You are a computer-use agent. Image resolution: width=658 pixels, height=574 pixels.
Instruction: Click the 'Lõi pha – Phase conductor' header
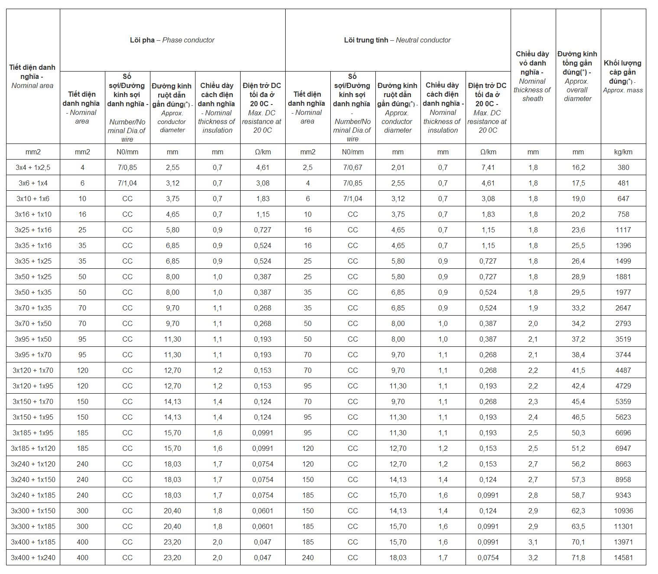(x=172, y=40)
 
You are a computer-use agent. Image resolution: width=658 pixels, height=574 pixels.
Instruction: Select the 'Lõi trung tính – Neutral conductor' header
(x=397, y=40)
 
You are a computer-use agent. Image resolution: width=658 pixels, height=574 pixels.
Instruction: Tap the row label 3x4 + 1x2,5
(x=33, y=167)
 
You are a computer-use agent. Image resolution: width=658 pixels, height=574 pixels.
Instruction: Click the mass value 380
(x=623, y=167)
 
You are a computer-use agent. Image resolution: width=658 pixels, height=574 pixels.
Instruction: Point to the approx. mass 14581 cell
(x=623, y=558)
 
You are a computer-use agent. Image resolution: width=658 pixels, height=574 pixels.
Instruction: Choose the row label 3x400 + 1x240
(x=33, y=558)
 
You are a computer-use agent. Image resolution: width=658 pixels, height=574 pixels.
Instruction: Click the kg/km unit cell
(x=623, y=152)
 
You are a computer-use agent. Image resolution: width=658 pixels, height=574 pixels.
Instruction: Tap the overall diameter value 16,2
(x=578, y=167)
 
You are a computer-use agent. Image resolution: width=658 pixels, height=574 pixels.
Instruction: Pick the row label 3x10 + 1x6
(x=33, y=199)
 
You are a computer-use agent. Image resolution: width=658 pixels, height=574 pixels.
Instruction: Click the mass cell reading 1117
(x=623, y=230)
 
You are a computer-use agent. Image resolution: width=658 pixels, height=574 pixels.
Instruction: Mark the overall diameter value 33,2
(x=578, y=308)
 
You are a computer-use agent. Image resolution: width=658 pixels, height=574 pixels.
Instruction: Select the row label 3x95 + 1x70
(x=33, y=355)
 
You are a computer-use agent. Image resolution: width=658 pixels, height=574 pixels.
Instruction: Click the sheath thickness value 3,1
(x=533, y=542)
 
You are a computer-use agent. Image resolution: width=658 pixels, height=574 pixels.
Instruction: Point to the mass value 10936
(x=623, y=511)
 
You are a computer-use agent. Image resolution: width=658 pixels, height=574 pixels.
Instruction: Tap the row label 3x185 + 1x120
(x=33, y=448)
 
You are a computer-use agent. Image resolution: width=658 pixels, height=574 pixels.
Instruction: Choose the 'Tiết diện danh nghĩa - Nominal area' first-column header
(x=33, y=76)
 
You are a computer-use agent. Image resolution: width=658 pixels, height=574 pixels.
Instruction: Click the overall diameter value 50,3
(x=578, y=433)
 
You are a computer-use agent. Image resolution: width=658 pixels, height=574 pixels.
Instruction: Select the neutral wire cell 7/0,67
(x=352, y=167)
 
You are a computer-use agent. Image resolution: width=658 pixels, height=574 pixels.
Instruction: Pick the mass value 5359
(x=623, y=401)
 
